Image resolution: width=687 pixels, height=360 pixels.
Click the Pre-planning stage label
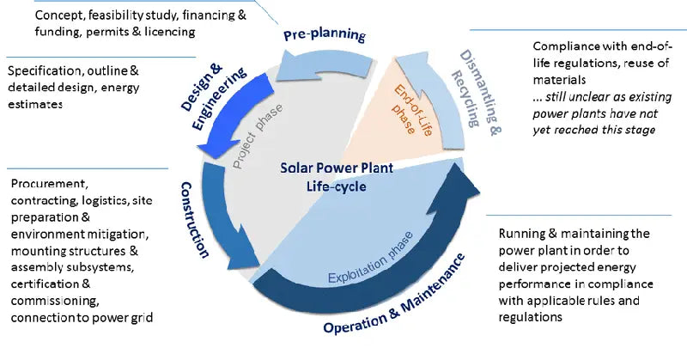324,35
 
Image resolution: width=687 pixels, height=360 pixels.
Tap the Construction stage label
195,219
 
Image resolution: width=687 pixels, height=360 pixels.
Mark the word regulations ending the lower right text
530,317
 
